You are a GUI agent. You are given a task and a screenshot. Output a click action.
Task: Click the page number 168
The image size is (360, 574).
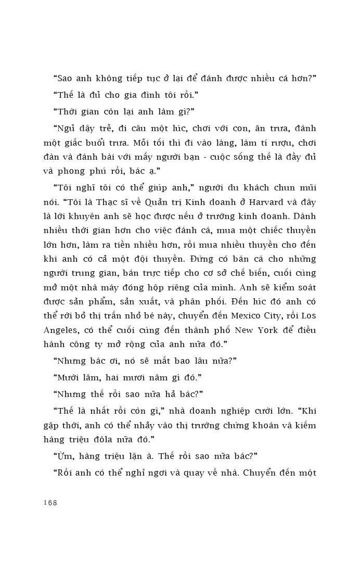[x=50, y=503]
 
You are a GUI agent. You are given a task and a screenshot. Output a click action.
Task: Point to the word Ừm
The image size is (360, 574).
[x=63, y=456]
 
